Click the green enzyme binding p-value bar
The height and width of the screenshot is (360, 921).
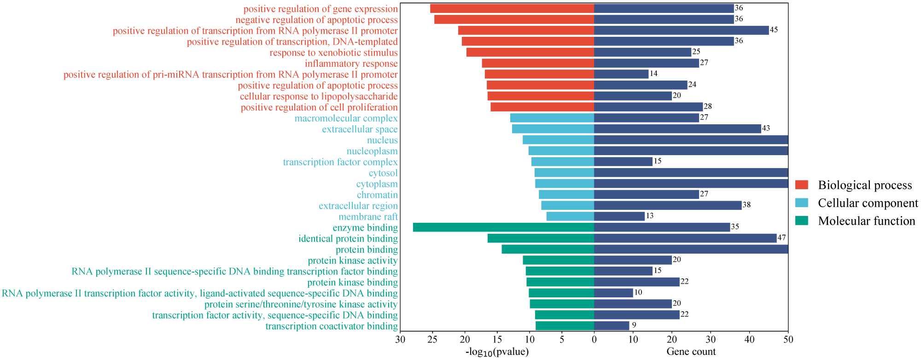pos(503,227)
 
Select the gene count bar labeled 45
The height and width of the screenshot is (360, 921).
pos(681,30)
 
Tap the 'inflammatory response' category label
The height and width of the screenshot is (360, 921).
pos(351,64)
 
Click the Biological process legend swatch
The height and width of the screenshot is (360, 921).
pos(802,185)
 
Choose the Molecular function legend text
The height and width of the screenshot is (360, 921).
pos(866,221)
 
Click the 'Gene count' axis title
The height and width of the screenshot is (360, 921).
pos(691,352)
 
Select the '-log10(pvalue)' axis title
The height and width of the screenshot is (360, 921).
pos(497,352)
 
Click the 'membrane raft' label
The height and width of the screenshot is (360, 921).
pos(368,217)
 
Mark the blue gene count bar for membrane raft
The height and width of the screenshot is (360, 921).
pos(619,216)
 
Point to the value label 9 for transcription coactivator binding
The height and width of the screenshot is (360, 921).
pos(634,325)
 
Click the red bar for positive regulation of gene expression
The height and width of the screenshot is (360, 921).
pos(512,8)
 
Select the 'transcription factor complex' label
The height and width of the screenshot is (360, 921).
pos(340,162)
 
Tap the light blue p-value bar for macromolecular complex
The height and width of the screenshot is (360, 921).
pos(552,118)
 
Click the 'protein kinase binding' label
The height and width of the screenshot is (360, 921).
pos(352,282)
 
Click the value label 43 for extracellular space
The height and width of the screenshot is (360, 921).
pos(766,128)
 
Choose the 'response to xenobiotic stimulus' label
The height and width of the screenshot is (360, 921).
pos(333,52)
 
